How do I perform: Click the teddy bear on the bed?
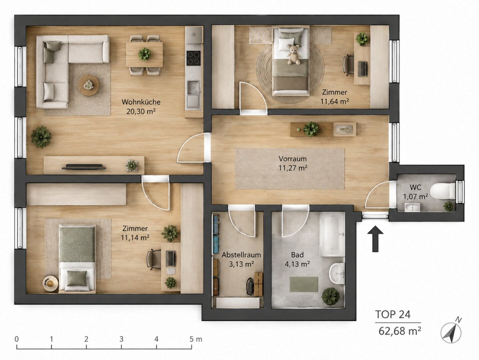(x=293, y=55)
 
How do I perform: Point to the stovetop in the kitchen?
(x=194, y=58)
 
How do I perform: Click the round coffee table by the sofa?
(x=89, y=85)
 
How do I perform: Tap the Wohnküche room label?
(x=141, y=102)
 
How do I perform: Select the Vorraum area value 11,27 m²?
(x=293, y=168)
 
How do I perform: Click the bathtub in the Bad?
(x=332, y=235)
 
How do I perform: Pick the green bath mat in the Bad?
(x=304, y=284)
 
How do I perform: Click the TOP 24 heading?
(x=393, y=315)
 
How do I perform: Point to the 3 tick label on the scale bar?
(x=121, y=339)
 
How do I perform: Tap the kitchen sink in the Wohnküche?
(x=193, y=88)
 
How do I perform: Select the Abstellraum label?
(x=241, y=255)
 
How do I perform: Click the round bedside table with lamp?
(x=50, y=284)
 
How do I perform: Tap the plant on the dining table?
(x=144, y=54)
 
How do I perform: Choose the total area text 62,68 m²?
(x=400, y=331)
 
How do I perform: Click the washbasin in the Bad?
(x=337, y=274)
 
